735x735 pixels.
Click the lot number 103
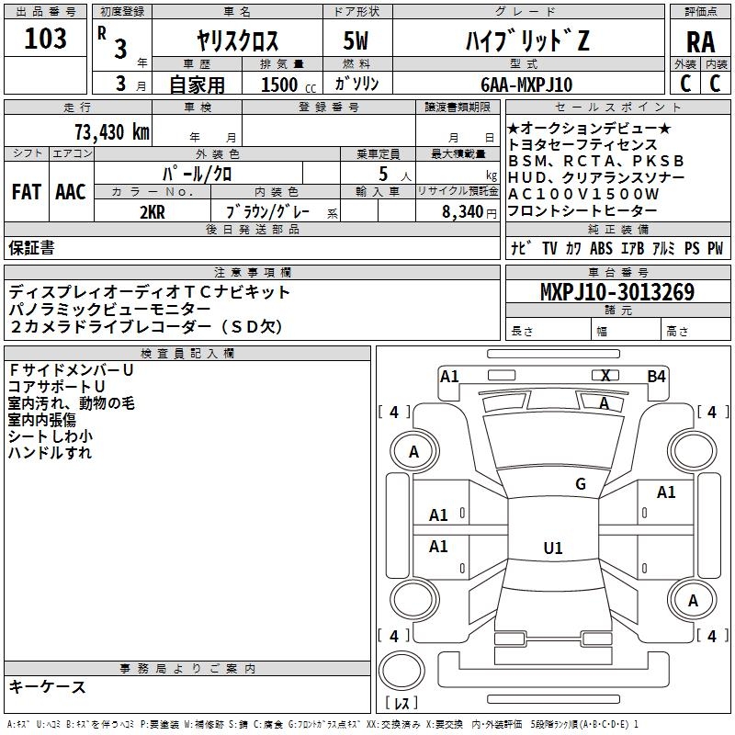(46, 40)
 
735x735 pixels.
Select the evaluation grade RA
(700, 41)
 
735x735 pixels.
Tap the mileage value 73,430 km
(111, 131)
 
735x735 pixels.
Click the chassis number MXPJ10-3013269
(616, 292)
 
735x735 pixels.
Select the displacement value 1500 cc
(288, 85)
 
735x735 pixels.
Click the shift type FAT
(26, 192)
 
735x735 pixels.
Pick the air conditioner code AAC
(70, 192)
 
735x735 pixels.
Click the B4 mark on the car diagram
(656, 376)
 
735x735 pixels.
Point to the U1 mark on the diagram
(552, 548)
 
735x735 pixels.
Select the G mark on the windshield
(580, 483)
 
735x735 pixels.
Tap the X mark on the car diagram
(605, 375)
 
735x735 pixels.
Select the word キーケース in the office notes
(48, 686)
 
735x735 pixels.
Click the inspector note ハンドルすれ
(50, 453)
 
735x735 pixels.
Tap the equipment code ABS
(601, 248)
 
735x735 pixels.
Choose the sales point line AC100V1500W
(583, 194)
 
